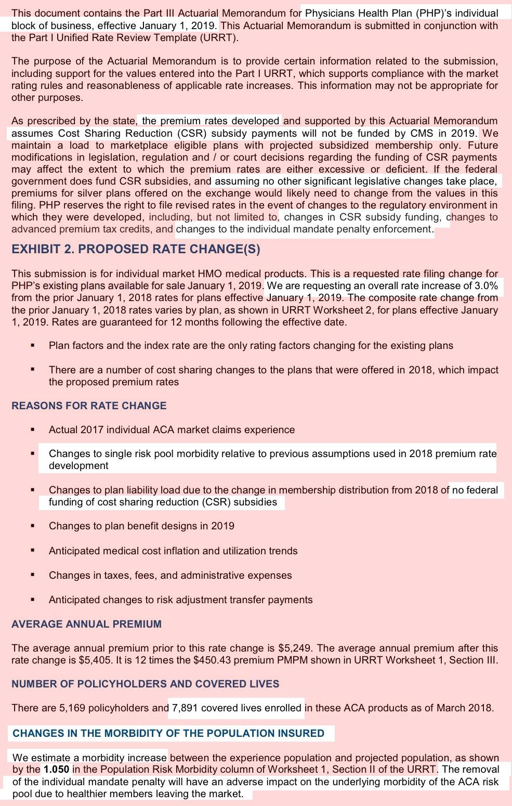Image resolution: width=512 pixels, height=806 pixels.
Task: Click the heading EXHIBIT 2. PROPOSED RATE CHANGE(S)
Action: (x=136, y=249)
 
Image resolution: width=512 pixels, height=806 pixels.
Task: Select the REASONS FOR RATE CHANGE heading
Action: (x=89, y=406)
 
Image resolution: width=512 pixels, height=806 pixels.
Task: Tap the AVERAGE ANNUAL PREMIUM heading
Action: (x=86, y=624)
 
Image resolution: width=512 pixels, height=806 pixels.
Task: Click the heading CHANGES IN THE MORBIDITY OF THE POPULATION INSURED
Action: (x=168, y=733)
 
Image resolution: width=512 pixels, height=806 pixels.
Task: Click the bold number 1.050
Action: (x=56, y=769)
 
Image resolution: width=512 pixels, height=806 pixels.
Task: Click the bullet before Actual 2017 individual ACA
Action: (x=33, y=430)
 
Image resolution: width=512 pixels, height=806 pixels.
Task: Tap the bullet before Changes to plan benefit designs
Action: (x=33, y=526)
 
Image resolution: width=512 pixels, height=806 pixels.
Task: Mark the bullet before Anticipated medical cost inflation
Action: (x=33, y=550)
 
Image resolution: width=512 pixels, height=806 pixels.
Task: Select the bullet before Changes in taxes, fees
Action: (x=33, y=575)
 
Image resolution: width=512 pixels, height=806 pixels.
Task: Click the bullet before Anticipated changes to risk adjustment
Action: (x=33, y=599)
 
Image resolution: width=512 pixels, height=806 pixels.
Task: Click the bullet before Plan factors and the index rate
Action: (x=33, y=345)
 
